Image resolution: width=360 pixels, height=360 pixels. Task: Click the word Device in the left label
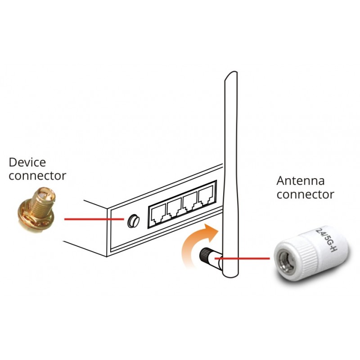click(x=27, y=162)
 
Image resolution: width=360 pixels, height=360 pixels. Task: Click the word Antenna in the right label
click(x=301, y=181)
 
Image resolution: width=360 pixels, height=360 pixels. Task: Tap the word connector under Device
click(x=37, y=175)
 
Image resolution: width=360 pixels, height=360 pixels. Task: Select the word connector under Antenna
click(x=306, y=194)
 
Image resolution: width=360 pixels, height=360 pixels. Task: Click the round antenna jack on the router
click(x=133, y=220)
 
